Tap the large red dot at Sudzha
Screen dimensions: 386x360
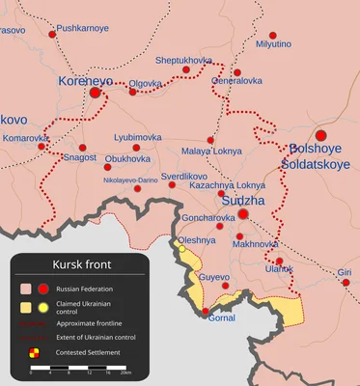pos(244,214)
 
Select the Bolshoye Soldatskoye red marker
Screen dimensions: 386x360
pos(321,135)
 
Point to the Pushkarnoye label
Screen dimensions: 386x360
pos(83,29)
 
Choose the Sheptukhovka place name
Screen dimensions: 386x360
pos(183,60)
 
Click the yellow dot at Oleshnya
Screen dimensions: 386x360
pos(181,249)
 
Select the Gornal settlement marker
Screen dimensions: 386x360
pos(205,311)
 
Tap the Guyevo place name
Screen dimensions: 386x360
pos(214,277)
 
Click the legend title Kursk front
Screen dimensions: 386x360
pos(81,263)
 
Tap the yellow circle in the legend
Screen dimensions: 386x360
pos(43,306)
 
